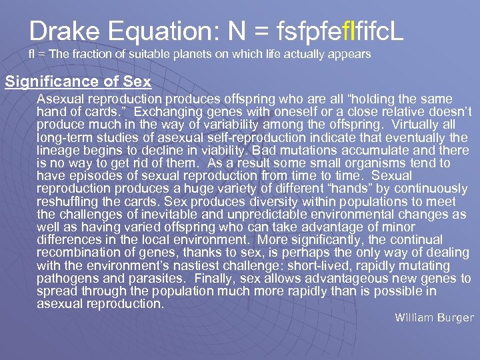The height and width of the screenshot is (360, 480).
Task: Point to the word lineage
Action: [58, 150]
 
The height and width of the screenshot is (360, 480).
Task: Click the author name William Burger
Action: [433, 317]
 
